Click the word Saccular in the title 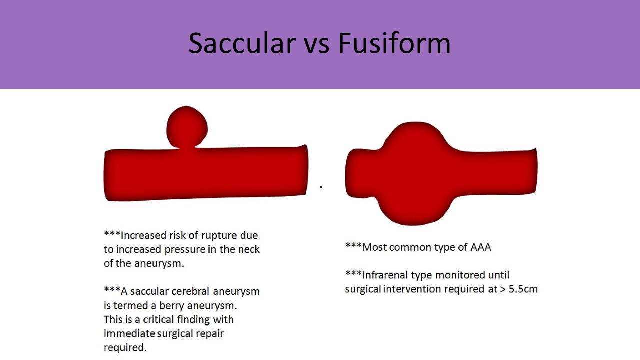pos(242,43)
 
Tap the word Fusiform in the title pos(394,43)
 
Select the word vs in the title pos(317,47)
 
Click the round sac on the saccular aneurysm pos(187,127)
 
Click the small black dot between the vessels pos(321,187)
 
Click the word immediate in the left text pos(129,333)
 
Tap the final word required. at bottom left pos(125,348)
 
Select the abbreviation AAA pos(481,247)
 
